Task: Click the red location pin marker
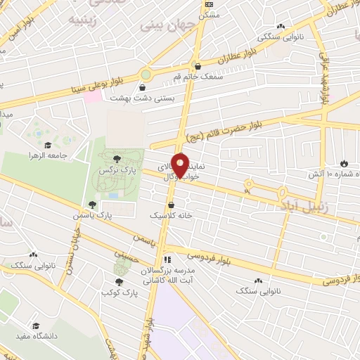pyautogui.click(x=181, y=167)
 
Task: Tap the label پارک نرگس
pyautogui.click(x=116, y=171)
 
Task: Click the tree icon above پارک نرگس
pyautogui.click(x=116, y=159)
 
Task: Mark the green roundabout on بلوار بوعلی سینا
pyautogui.click(x=146, y=74)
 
